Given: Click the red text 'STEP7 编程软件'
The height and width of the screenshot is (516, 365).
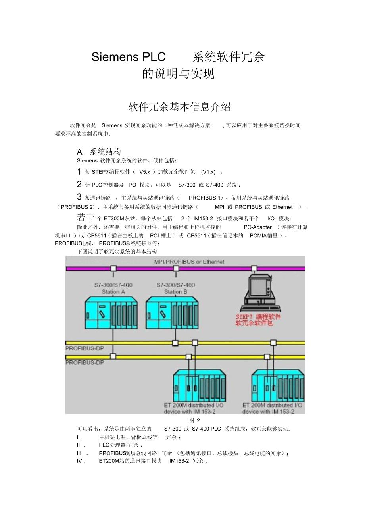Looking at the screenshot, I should (x=258, y=317).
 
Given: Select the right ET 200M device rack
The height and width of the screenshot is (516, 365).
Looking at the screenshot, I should (x=278, y=386).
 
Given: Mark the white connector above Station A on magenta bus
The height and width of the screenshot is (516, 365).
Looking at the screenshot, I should (x=113, y=269).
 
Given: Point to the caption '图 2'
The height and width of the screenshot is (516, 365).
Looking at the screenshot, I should (x=194, y=420).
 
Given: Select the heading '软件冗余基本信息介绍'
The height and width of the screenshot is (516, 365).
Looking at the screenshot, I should (x=179, y=107).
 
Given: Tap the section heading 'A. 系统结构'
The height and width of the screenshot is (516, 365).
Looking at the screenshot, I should (x=99, y=152).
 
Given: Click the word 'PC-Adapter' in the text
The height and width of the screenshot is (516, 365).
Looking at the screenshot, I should (x=257, y=227).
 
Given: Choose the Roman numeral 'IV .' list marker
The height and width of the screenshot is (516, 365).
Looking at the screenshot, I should (x=81, y=461).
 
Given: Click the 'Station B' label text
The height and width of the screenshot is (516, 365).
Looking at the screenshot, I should (x=175, y=292).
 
